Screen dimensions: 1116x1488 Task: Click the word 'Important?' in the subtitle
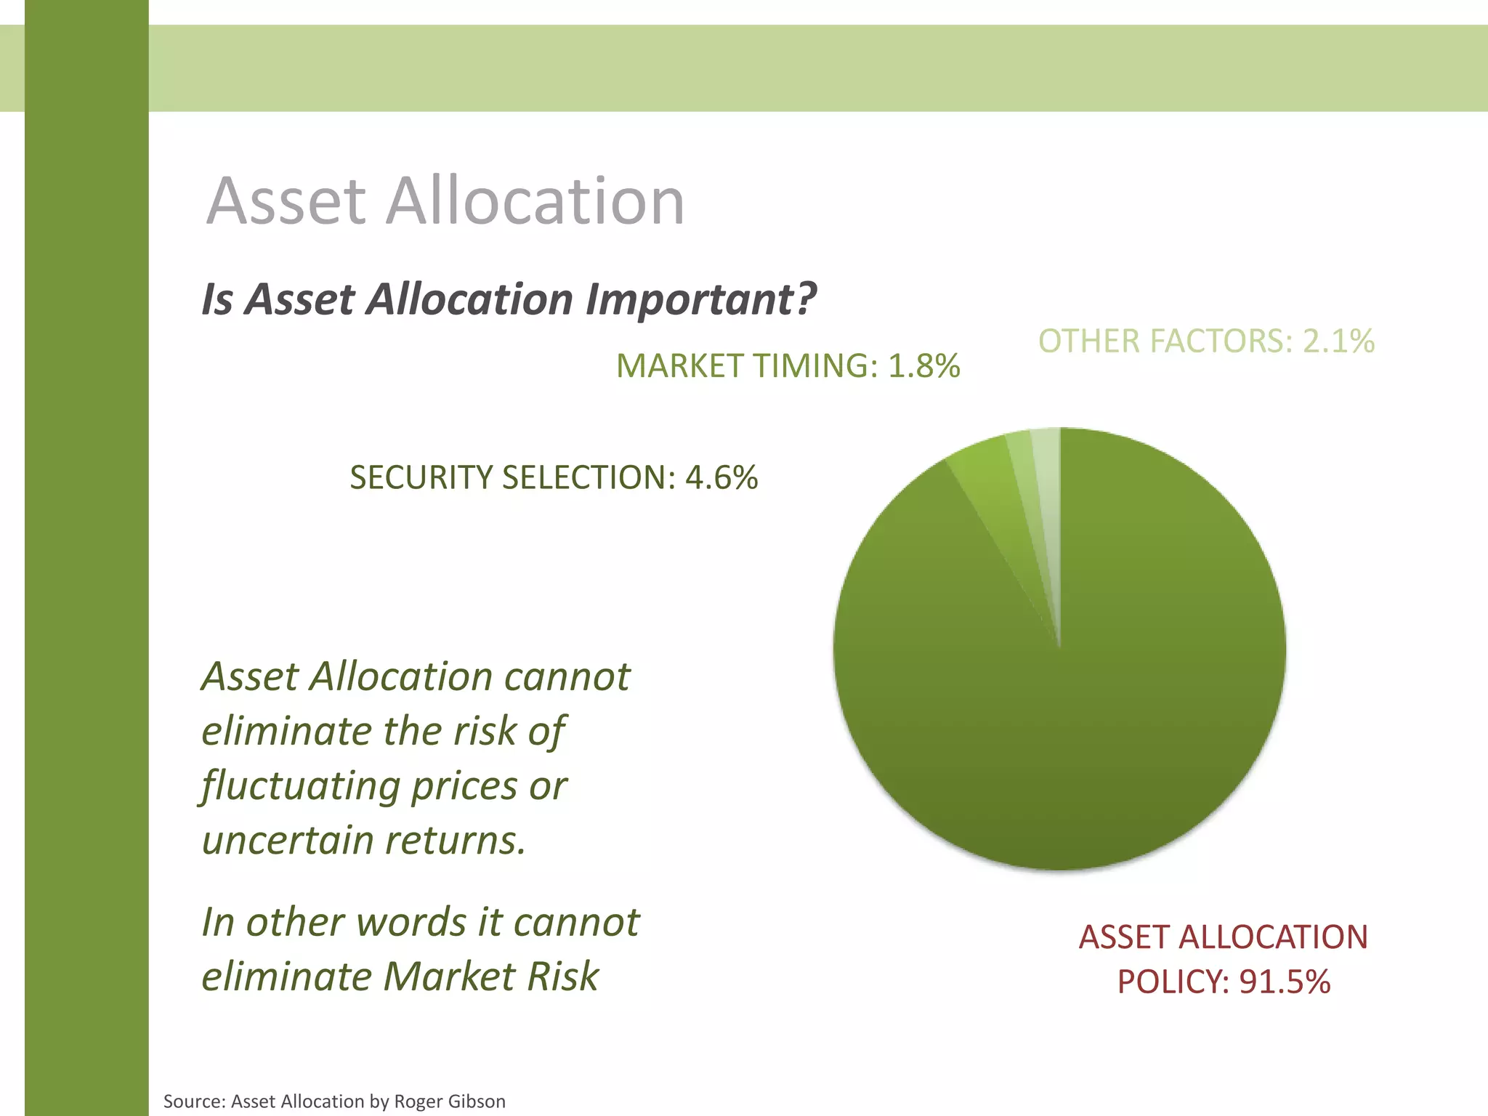700,299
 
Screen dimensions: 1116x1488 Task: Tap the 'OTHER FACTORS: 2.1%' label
1206,341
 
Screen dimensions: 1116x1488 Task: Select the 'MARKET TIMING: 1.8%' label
788,365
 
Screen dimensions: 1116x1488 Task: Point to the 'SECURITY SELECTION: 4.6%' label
554,477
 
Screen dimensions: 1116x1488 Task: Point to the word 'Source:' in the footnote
193,1101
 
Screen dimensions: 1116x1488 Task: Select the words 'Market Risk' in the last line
490,976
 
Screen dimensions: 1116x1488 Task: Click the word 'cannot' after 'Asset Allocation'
567,677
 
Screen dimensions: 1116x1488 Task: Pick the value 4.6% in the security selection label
721,477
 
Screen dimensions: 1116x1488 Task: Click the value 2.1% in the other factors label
1338,341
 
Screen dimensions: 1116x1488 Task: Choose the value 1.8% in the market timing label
924,365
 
